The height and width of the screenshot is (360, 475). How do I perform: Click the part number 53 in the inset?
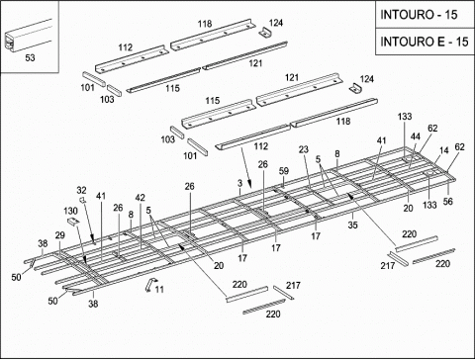click(x=30, y=57)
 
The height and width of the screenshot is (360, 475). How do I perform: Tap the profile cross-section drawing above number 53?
click(x=28, y=36)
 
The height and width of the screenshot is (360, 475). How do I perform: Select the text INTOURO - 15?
click(x=419, y=15)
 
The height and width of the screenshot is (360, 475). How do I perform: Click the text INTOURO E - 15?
click(x=425, y=42)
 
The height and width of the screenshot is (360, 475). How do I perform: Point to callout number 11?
click(x=159, y=290)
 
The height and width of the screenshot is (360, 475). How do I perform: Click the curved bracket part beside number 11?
click(x=150, y=285)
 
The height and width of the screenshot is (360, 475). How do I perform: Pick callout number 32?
click(x=81, y=190)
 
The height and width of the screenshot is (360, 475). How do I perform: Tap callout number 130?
click(x=70, y=211)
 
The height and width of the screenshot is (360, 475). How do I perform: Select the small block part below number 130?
click(x=73, y=222)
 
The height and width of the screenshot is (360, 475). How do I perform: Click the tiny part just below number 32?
click(x=82, y=200)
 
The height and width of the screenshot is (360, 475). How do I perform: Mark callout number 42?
click(x=140, y=198)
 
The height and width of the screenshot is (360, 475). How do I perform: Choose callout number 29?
click(x=59, y=235)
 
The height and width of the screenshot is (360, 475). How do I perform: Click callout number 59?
click(x=284, y=171)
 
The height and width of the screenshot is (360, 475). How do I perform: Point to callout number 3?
click(x=239, y=183)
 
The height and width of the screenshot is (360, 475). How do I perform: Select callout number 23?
click(x=304, y=149)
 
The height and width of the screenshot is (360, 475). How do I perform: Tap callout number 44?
click(x=416, y=136)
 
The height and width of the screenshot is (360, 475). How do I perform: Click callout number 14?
click(x=444, y=150)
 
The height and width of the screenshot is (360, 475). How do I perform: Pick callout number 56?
click(x=447, y=201)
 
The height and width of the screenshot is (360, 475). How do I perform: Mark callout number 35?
click(x=352, y=225)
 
